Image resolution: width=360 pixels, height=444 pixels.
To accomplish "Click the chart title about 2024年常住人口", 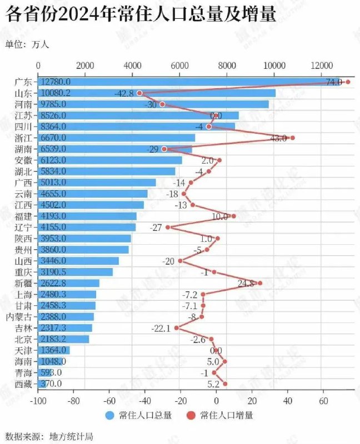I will pyautogui.click(x=141, y=15).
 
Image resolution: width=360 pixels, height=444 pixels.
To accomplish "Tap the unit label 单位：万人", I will pyautogui.click(x=27, y=44).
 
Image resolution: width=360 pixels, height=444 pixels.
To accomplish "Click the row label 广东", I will pyautogui.click(x=24, y=82).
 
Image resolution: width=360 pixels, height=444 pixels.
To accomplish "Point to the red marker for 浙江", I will pyautogui.click(x=293, y=138).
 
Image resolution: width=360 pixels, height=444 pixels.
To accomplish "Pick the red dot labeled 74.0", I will pyautogui.click(x=348, y=82).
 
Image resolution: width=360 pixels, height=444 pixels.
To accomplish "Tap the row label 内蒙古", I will pyautogui.click(x=19, y=317).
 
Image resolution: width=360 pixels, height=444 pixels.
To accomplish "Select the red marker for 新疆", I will pyautogui.click(x=260, y=283).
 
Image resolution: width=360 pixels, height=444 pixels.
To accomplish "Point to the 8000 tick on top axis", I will pyautogui.click(x=227, y=65).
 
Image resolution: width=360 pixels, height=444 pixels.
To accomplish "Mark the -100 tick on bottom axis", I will pyautogui.click(x=38, y=399).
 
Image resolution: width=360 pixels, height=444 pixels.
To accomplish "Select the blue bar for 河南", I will pyautogui.click(x=153, y=104).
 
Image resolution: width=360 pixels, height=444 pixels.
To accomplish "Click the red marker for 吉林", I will pyautogui.click(x=177, y=328).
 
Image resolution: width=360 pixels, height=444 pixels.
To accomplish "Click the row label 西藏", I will pyautogui.click(x=24, y=384).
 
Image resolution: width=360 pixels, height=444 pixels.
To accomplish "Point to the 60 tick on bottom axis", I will pyautogui.click(x=323, y=399).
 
